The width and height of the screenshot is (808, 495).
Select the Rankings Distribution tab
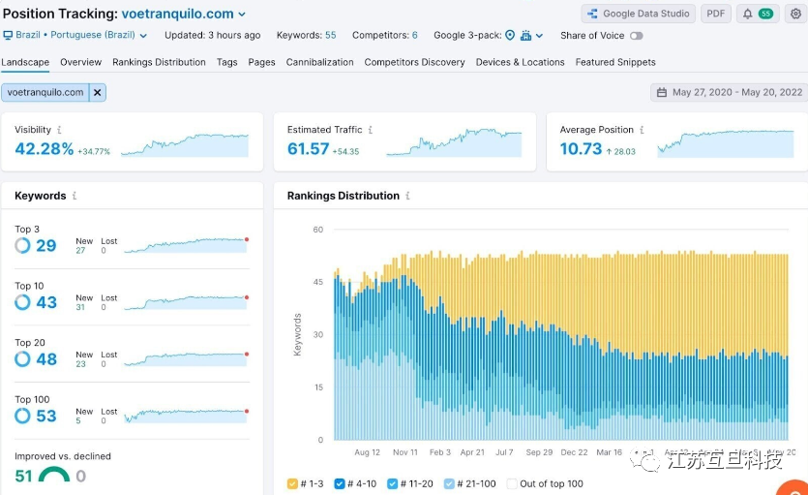pyautogui.click(x=159, y=62)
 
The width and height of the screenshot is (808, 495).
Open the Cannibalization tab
pyautogui.click(x=319, y=62)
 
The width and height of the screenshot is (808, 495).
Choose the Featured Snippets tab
pyautogui.click(x=615, y=62)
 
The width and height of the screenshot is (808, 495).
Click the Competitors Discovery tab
pyautogui.click(x=414, y=62)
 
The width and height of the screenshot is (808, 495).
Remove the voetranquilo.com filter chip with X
pyautogui.click(x=97, y=92)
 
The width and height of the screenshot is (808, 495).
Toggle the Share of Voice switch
pyautogui.click(x=636, y=36)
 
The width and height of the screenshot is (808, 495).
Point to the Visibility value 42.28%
pyautogui.click(x=45, y=149)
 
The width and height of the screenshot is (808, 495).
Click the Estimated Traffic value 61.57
pyautogui.click(x=309, y=149)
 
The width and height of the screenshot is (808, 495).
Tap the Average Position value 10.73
pyautogui.click(x=581, y=149)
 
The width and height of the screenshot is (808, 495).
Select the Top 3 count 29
pyautogui.click(x=46, y=246)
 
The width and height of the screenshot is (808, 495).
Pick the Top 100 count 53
pyautogui.click(x=46, y=416)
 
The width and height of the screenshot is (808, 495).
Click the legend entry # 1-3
pyautogui.click(x=306, y=483)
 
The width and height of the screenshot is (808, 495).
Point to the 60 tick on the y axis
pyautogui.click(x=317, y=230)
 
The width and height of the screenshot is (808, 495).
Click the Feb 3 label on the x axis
pyautogui.click(x=440, y=452)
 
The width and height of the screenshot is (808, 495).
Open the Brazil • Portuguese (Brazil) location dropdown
pyautogui.click(x=75, y=36)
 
